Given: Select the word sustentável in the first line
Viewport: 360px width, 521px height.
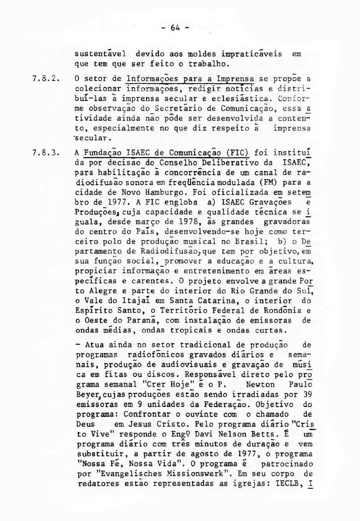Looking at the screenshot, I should [x=99, y=54].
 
